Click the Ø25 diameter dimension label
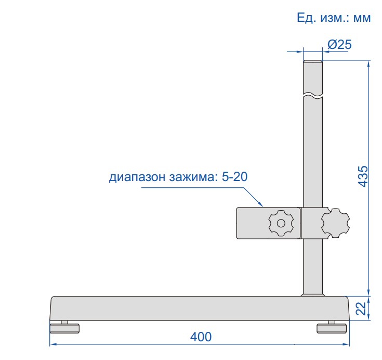[339, 45]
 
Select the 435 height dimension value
[363, 176]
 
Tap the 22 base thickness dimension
[361, 308]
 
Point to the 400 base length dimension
[201, 337]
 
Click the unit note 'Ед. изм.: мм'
[334, 18]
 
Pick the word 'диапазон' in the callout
[137, 177]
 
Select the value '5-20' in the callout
[234, 176]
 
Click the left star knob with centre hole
[281, 223]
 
